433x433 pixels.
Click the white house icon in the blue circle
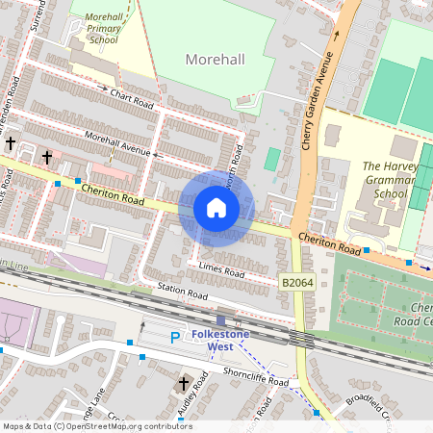(216, 207)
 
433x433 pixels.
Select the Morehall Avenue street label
(117, 143)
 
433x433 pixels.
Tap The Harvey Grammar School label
(388, 179)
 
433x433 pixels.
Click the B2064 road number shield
(297, 283)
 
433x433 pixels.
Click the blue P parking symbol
(174, 338)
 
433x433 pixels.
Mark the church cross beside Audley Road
(183, 385)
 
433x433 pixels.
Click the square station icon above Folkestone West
(222, 320)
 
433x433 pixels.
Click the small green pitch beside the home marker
(272, 159)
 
